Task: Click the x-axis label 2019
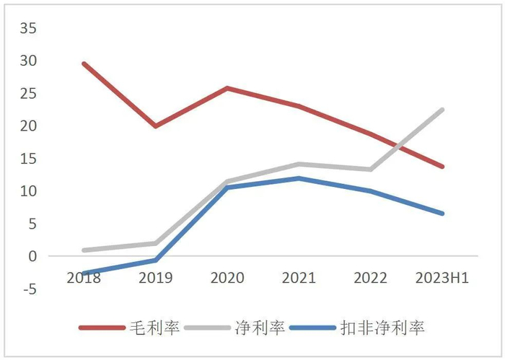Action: [155, 278]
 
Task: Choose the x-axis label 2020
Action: [227, 278]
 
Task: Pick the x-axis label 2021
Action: [298, 278]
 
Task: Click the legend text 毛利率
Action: [156, 328]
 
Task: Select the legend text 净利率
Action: [260, 328]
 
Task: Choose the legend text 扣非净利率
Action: [382, 328]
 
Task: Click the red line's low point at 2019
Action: [155, 126]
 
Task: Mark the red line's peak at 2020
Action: [227, 88]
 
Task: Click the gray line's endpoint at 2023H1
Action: [442, 110]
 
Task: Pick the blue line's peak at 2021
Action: [298, 178]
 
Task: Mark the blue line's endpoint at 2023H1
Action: [442, 214]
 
